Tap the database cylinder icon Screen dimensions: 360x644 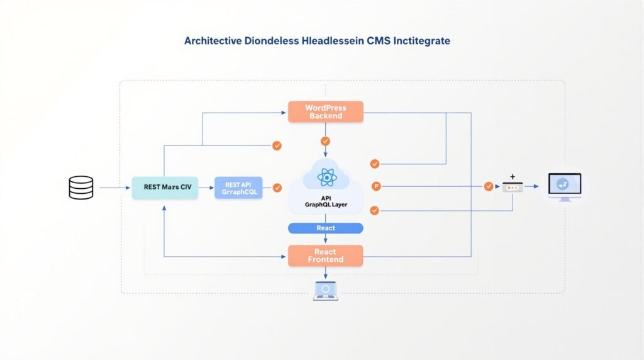(80, 188)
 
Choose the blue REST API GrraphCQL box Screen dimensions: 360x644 (238, 188)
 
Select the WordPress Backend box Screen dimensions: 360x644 (325, 111)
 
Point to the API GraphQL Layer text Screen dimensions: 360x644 (325, 201)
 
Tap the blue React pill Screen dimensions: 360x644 (325, 228)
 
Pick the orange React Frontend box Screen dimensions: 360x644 (325, 256)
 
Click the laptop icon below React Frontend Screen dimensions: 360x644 (325, 291)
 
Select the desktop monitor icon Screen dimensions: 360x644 (564, 186)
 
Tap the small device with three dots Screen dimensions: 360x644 (513, 187)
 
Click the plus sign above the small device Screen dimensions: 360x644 (513, 176)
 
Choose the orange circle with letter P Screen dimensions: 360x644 (376, 186)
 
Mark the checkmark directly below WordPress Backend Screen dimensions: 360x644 (325, 142)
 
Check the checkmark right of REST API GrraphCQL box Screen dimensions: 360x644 (277, 187)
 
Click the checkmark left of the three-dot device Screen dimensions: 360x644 (489, 186)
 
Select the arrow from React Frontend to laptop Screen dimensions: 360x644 (325, 273)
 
